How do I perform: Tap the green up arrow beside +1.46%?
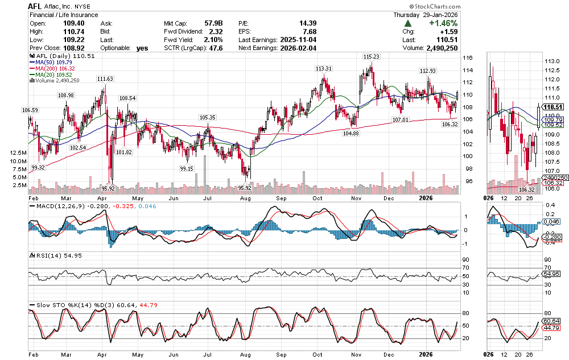pos(408,23)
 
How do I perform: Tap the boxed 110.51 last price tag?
pos(551,106)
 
